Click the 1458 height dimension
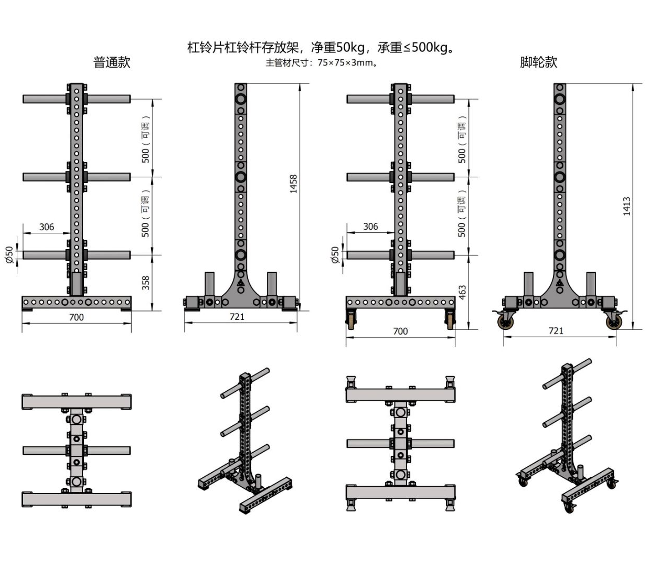pos(293,184)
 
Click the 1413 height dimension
pos(626,206)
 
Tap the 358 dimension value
pos(145,283)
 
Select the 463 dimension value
pos(462,292)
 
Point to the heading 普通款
pos(112,62)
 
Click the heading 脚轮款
pos(538,62)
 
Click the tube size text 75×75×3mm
pos(345,62)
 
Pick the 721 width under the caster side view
pos(556,330)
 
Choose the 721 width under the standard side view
pos(237,317)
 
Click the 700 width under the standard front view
pos(76,317)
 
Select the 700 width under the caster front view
pos(400,331)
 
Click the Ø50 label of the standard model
pos(9,255)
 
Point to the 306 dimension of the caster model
pos(370,227)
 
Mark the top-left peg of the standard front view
pos(45,99)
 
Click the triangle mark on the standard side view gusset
pos(241,283)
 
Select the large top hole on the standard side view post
pos(241,99)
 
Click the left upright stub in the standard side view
pos(210,284)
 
